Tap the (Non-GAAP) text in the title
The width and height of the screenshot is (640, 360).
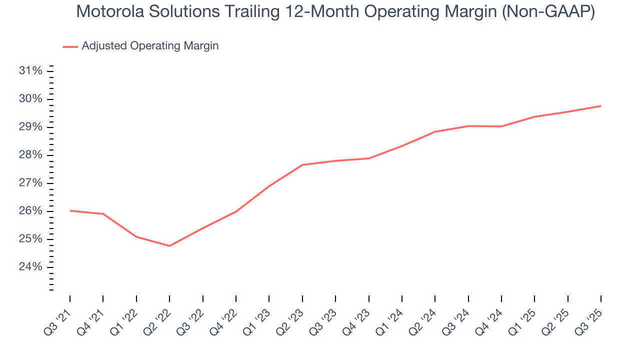tap(549, 12)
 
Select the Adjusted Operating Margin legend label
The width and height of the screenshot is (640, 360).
tap(150, 46)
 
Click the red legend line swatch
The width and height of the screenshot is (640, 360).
tap(70, 46)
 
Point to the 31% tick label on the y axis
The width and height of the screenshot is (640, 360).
tap(30, 71)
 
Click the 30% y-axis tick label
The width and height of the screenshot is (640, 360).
tap(30, 99)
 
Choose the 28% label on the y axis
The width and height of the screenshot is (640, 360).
tap(30, 155)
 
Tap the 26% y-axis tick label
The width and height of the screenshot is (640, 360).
tap(30, 211)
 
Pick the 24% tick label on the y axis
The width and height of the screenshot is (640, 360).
tap(30, 267)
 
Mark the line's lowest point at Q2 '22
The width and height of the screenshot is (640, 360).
tap(169, 246)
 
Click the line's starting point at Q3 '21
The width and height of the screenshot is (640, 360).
tap(70, 210)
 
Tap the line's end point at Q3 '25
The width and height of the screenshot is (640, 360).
tap(600, 106)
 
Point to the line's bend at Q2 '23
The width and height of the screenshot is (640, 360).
tap(302, 165)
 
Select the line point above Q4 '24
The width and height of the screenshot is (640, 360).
tap(501, 126)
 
